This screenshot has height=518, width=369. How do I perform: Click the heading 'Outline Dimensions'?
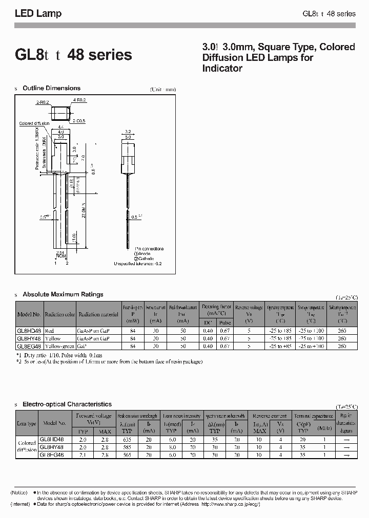click(51, 88)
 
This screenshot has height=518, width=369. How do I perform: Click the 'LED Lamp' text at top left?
click(38, 14)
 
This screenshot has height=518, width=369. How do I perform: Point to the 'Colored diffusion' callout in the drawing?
click(34, 123)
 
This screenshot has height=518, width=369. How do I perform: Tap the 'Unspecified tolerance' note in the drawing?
click(137, 264)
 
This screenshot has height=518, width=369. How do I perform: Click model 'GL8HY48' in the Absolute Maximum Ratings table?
click(29, 338)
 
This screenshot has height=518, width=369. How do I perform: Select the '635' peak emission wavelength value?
click(126, 439)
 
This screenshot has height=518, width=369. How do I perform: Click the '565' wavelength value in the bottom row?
click(126, 455)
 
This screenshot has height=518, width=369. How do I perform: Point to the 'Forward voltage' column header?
click(93, 416)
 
